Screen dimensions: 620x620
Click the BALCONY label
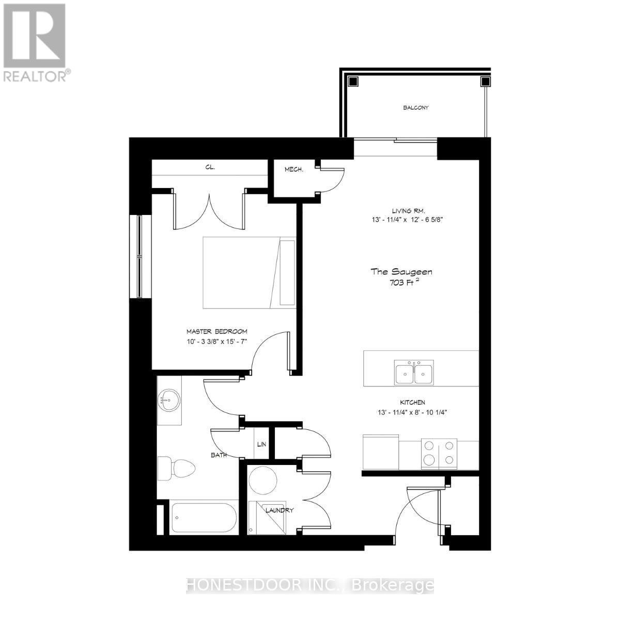tap(416, 108)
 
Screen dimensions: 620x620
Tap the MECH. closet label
tap(293, 169)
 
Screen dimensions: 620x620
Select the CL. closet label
tap(210, 167)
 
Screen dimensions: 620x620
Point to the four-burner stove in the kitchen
tap(439, 454)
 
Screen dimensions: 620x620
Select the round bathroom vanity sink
tap(169, 400)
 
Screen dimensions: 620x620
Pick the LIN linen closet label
tap(262, 444)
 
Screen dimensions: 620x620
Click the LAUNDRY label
tap(280, 510)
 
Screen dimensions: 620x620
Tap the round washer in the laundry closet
tap(264, 481)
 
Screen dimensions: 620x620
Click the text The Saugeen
tap(401, 271)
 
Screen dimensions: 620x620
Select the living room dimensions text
tap(408, 219)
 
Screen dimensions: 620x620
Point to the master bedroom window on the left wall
tap(139, 256)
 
